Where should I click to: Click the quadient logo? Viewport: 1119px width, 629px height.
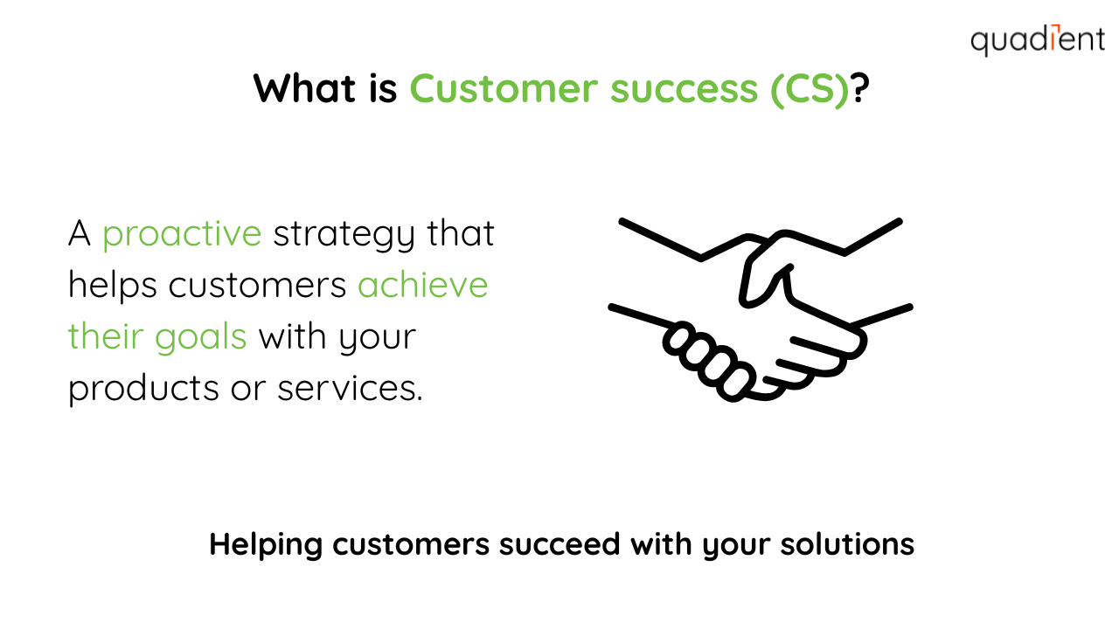click(x=1038, y=40)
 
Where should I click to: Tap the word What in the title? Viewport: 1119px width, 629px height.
click(x=305, y=89)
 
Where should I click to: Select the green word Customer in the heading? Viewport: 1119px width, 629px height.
click(x=504, y=89)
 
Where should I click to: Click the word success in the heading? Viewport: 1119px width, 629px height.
click(x=684, y=91)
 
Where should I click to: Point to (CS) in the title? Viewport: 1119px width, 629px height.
click(x=810, y=90)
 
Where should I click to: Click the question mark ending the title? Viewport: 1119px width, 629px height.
click(x=860, y=88)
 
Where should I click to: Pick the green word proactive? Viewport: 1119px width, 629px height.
click(x=182, y=236)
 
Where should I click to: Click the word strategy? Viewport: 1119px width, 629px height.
click(x=344, y=236)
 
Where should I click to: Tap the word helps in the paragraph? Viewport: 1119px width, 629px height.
click(x=113, y=286)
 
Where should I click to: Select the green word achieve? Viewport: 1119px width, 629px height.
click(x=422, y=285)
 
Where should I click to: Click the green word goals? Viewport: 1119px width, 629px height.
click(x=200, y=338)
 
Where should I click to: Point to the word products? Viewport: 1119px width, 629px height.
click(x=143, y=390)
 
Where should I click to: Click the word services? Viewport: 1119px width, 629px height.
click(x=350, y=390)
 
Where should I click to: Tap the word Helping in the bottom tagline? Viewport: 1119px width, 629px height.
click(x=266, y=545)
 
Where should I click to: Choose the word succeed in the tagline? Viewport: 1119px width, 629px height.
click(x=559, y=544)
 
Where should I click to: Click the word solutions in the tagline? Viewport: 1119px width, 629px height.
click(x=847, y=544)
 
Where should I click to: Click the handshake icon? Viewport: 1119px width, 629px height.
click(x=761, y=309)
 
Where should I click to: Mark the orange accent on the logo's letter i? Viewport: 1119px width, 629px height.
click(x=1053, y=37)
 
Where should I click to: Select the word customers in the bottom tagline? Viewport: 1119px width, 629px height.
click(x=411, y=544)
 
